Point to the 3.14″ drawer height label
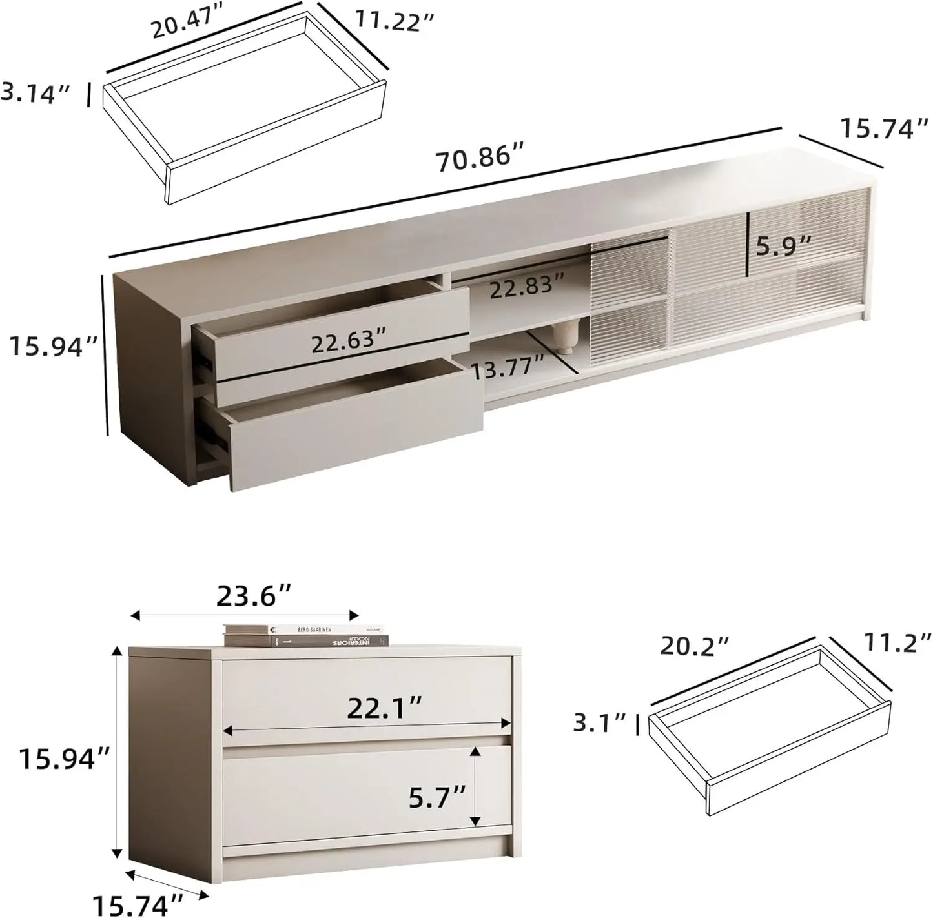tap(36, 92)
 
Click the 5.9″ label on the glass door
tap(783, 247)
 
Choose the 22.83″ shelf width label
tap(526, 288)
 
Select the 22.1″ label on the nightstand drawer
tap(385, 709)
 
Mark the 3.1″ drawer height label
tap(599, 723)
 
